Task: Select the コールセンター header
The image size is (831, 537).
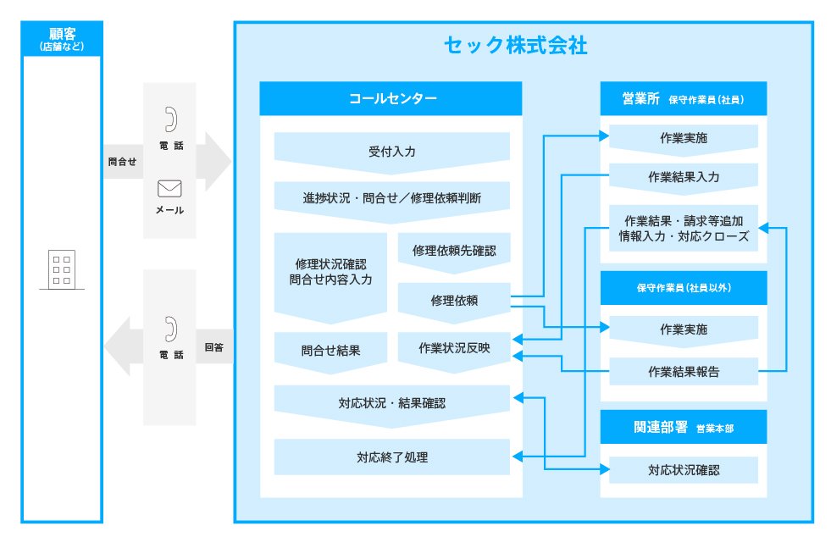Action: point(391,98)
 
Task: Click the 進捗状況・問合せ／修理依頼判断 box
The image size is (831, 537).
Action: point(391,198)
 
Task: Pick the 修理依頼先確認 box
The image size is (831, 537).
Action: point(454,251)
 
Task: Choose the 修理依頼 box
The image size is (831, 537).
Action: point(454,300)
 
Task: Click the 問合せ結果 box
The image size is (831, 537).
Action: point(330,349)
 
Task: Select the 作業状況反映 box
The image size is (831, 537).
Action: point(454,348)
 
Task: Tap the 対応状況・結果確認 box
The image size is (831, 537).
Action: point(391,403)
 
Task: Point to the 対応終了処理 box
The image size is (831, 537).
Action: point(391,457)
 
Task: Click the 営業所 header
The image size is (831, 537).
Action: point(683,98)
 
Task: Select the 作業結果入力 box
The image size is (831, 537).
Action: point(683,177)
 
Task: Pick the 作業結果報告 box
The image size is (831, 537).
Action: point(683,371)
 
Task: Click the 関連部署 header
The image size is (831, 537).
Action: point(683,428)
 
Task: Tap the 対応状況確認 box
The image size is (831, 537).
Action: point(683,469)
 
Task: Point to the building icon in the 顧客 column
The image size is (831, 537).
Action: point(61,269)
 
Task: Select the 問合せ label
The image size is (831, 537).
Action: point(122,161)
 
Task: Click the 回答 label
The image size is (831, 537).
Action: point(214,347)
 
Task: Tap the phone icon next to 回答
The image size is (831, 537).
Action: point(170,329)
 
